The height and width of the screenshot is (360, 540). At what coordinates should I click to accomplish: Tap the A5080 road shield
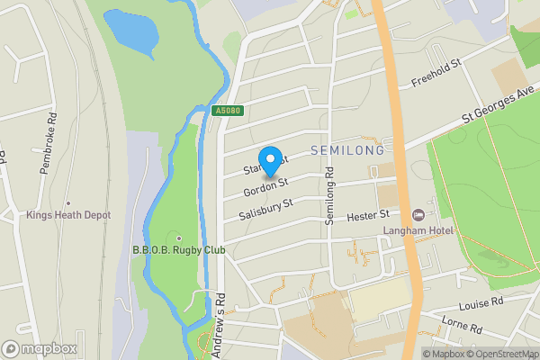[229, 111]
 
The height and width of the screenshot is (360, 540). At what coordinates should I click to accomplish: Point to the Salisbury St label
[267, 210]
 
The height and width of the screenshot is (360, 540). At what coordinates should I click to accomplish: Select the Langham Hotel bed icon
[417, 215]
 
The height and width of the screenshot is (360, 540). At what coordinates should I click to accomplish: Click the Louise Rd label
[480, 306]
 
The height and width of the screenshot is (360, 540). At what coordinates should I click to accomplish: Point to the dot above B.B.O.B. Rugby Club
[179, 238]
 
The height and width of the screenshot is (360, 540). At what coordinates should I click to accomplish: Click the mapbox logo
[40, 348]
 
